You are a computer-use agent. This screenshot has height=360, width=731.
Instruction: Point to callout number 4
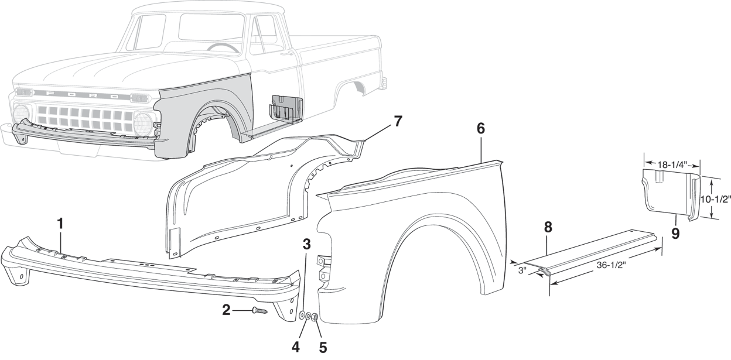click(296, 346)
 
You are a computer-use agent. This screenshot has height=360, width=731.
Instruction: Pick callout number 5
click(322, 346)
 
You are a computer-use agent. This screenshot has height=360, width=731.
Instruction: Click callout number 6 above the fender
click(480, 129)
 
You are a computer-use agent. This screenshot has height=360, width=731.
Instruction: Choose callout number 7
click(398, 121)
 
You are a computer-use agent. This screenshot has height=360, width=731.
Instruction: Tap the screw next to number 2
click(258, 311)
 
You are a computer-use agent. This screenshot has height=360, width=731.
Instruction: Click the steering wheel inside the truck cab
click(224, 47)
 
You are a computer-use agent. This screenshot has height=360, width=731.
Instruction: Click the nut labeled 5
click(315, 317)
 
